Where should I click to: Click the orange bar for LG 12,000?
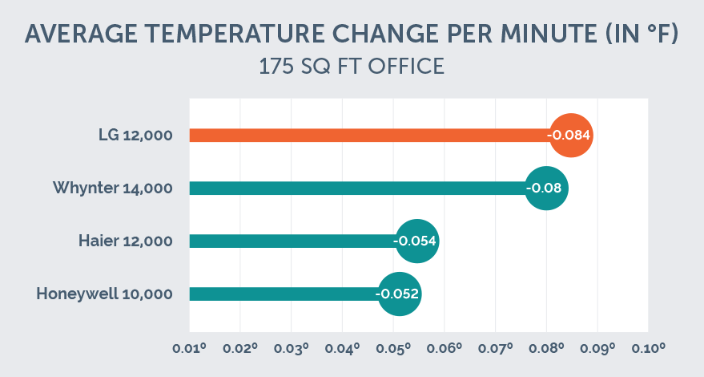pyautogui.click(x=368, y=136)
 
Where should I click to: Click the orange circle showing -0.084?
pyautogui.click(x=570, y=136)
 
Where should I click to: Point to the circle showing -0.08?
pyautogui.click(x=547, y=188)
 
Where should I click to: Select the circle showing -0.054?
pyautogui.click(x=417, y=241)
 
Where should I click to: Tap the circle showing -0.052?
pyautogui.click(x=398, y=294)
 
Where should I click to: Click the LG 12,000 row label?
pyautogui.click(x=130, y=136)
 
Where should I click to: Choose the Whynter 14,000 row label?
pyautogui.click(x=112, y=188)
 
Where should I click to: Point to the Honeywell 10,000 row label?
pyautogui.click(x=104, y=294)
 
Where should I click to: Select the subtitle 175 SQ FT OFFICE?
pyautogui.click(x=352, y=67)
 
